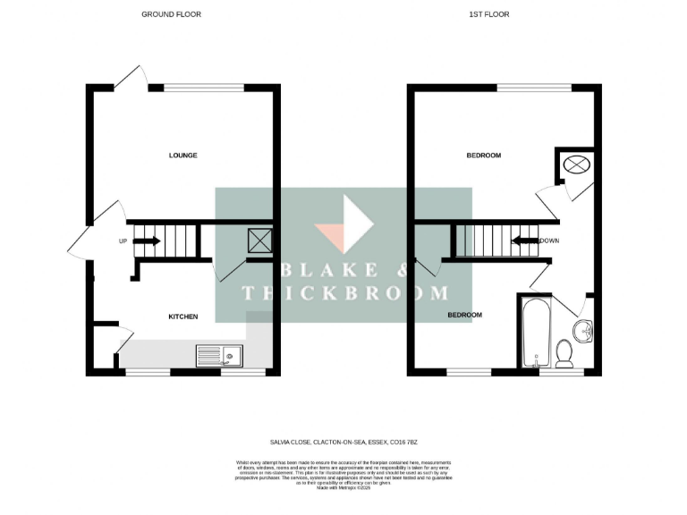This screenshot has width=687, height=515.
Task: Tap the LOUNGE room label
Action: pos(182,156)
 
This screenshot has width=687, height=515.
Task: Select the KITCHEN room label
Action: pos(183,317)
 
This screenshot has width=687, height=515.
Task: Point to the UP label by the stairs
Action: pos(123,241)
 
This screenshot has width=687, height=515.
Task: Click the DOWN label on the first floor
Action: pos(549,241)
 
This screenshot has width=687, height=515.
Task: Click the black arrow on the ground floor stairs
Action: pos(148,241)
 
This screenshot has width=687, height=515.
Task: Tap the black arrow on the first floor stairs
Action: pos(523,241)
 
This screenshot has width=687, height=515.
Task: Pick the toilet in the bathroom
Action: pos(564,353)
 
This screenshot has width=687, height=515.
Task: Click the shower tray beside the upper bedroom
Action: pos(575,165)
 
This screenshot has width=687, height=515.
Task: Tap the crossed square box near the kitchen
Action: pos(259,240)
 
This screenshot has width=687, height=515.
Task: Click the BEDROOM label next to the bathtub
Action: pos(464,316)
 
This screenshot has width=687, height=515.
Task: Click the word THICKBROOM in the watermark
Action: pos(345,293)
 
